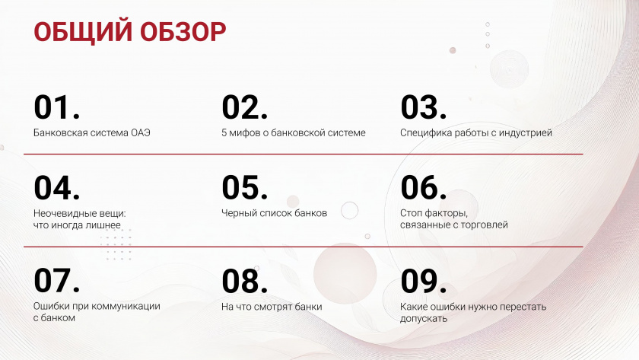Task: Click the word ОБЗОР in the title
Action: point(183,31)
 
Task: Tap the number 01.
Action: point(56,107)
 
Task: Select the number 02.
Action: point(244,107)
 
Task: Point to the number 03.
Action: point(424,107)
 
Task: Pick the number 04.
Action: point(56,188)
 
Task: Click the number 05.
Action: point(244,188)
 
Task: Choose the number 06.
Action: point(424,188)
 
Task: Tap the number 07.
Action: point(56,281)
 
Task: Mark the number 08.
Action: point(244,281)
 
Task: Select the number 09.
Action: point(424,281)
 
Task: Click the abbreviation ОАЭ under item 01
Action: point(141,133)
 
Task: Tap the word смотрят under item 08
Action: point(273,307)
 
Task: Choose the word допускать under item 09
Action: point(424,319)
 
